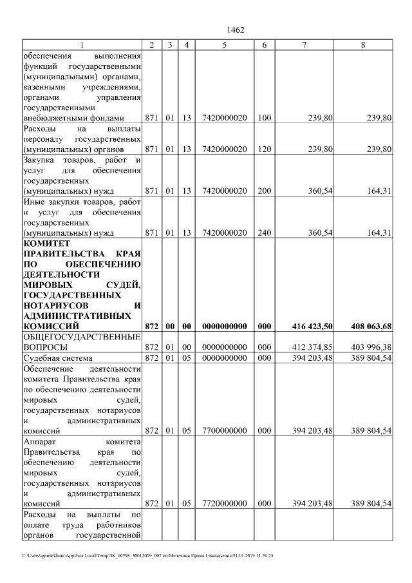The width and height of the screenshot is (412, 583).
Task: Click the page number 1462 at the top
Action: pyautogui.click(x=236, y=30)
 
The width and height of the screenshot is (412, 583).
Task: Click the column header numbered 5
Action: pyautogui.click(x=224, y=44)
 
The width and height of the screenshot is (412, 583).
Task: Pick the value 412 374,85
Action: pyautogui.click(x=311, y=348)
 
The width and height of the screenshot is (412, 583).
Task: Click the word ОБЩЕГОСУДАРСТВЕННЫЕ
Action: pyautogui.click(x=82, y=338)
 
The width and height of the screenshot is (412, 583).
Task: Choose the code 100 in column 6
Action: pyautogui.click(x=264, y=118)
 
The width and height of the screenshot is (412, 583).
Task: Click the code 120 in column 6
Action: pyautogui.click(x=264, y=149)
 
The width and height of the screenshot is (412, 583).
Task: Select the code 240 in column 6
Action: pyautogui.click(x=264, y=233)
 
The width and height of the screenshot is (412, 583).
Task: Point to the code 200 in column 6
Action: pyautogui.click(x=264, y=191)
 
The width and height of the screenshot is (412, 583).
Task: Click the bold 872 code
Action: pyautogui.click(x=151, y=327)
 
